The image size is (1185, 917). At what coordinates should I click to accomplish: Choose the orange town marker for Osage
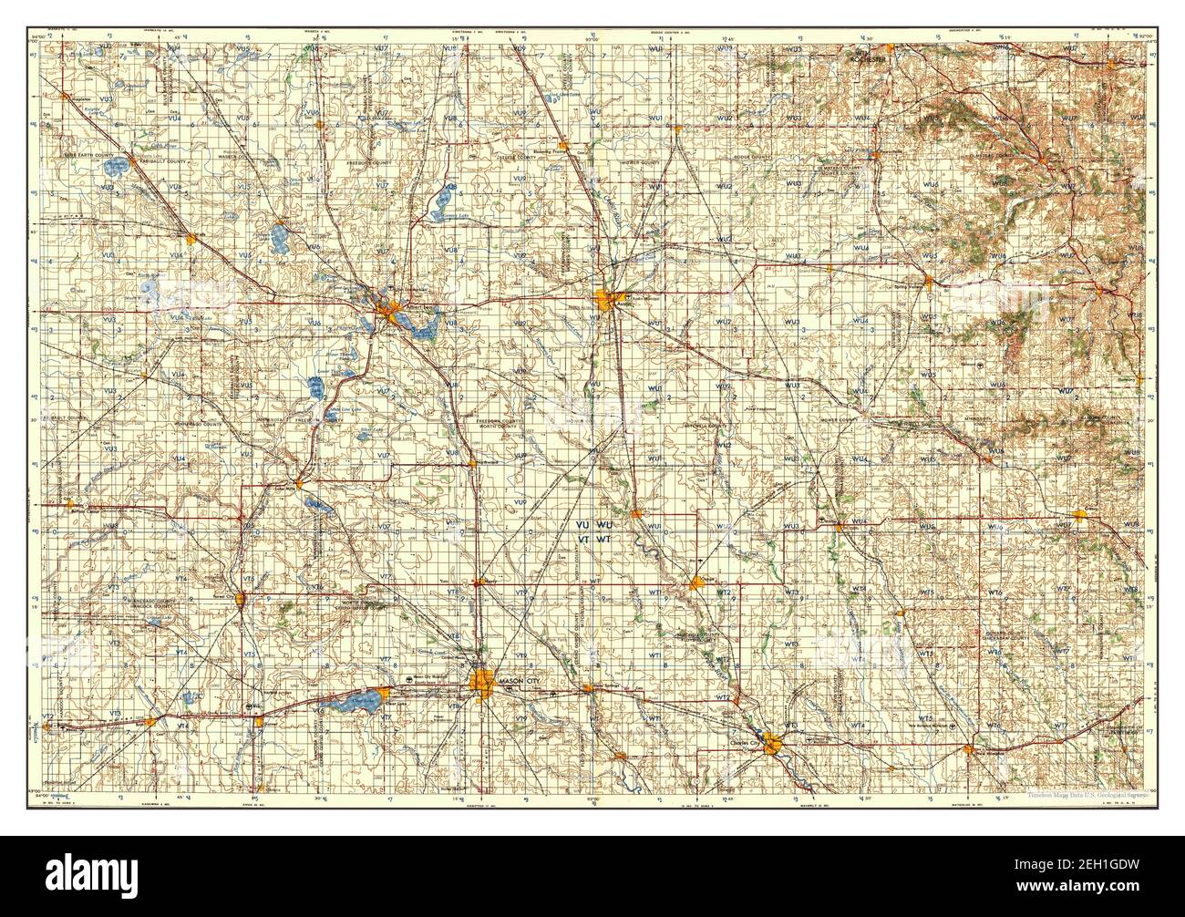click(697, 582)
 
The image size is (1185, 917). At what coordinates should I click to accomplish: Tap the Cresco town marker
click(1082, 517)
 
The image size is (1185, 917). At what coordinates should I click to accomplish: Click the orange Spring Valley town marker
click(929, 282)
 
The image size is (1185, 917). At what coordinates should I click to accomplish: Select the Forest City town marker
click(242, 598)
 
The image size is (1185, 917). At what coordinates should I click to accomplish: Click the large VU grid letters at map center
click(583, 526)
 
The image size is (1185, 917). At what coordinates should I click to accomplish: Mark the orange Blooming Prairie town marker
click(564, 145)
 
